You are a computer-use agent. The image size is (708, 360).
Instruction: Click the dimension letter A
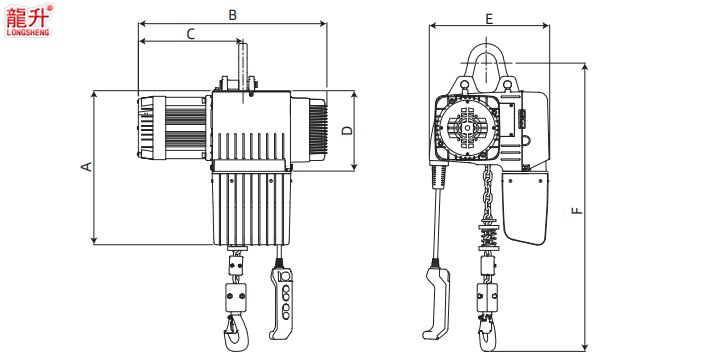[86, 167]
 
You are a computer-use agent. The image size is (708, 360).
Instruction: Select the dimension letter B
[232, 15]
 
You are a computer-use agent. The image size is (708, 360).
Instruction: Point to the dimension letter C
[190, 34]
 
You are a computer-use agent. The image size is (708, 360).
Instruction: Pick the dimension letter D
[346, 130]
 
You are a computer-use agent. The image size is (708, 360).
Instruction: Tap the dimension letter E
[488, 19]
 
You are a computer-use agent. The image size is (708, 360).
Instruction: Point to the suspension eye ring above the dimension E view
[488, 62]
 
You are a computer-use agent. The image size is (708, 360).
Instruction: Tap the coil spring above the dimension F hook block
[489, 238]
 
